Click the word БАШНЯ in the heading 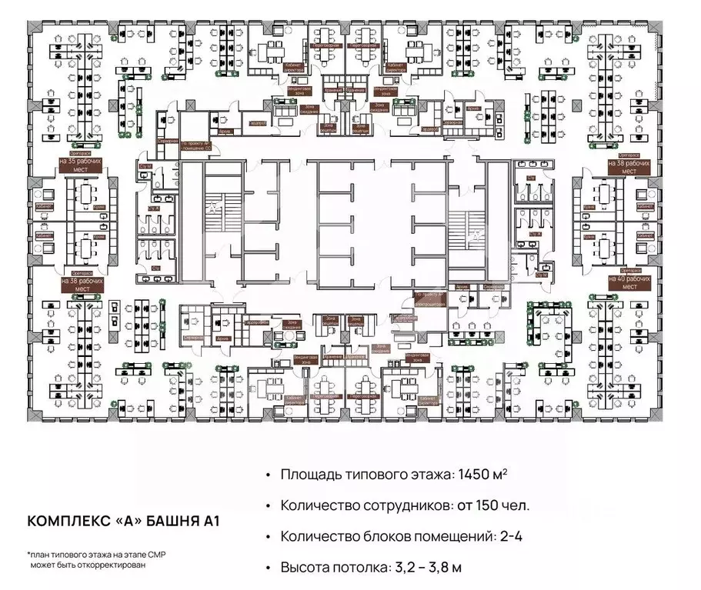169,521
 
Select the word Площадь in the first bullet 308,475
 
